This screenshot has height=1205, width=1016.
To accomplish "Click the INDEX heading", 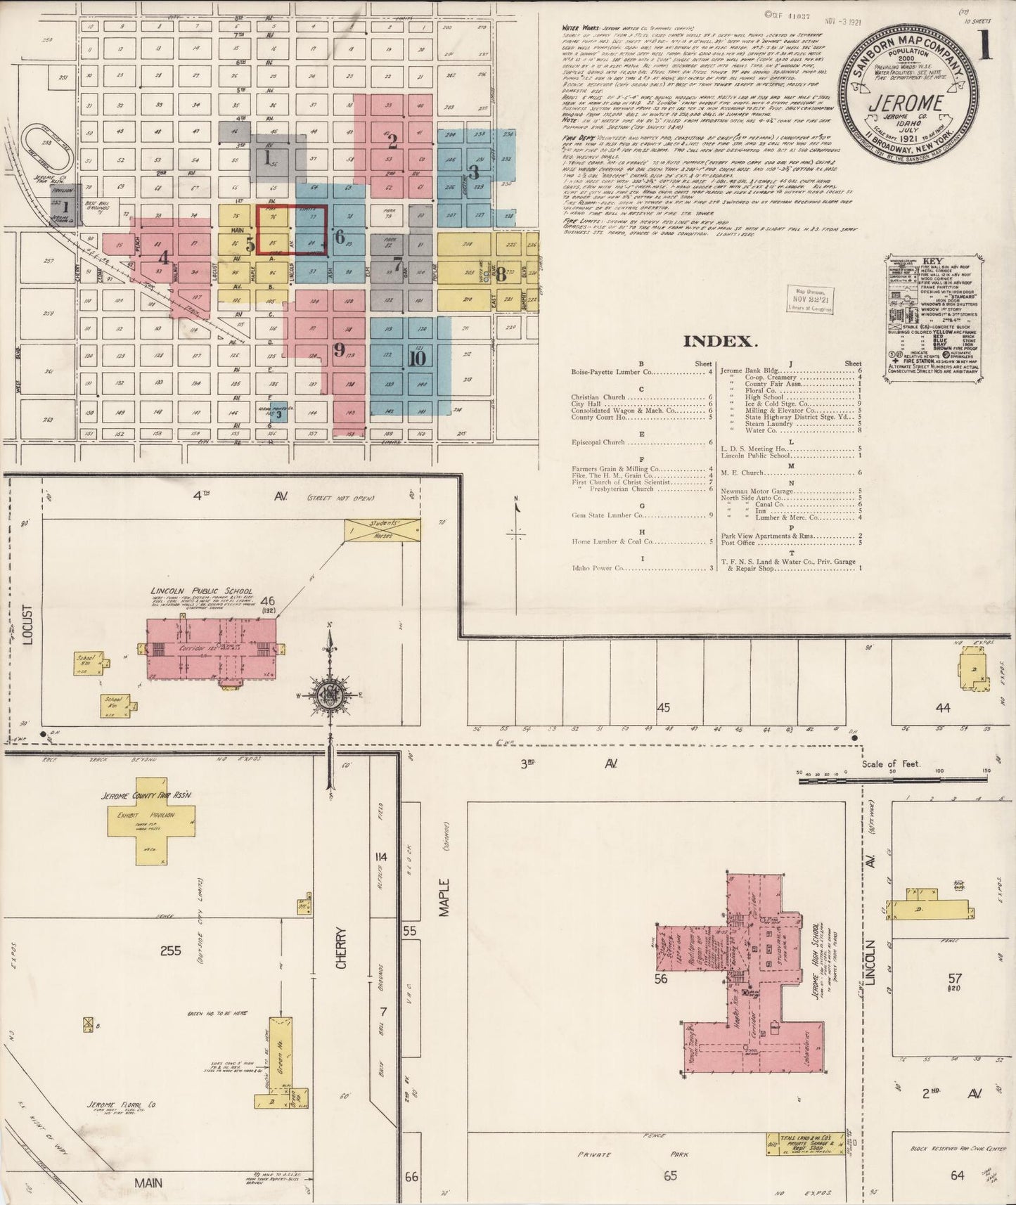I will click(720, 342).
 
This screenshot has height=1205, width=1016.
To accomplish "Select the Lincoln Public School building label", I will click(201, 591).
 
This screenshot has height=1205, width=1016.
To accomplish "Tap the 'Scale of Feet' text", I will click(891, 765).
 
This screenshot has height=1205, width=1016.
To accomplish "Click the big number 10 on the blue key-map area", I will click(416, 358).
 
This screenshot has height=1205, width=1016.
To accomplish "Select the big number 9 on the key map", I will click(340, 349).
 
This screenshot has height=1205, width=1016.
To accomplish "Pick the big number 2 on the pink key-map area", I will click(392, 141).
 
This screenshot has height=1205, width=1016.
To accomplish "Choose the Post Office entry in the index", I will click(738, 543).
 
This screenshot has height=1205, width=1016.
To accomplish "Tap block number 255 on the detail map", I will click(170, 951).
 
